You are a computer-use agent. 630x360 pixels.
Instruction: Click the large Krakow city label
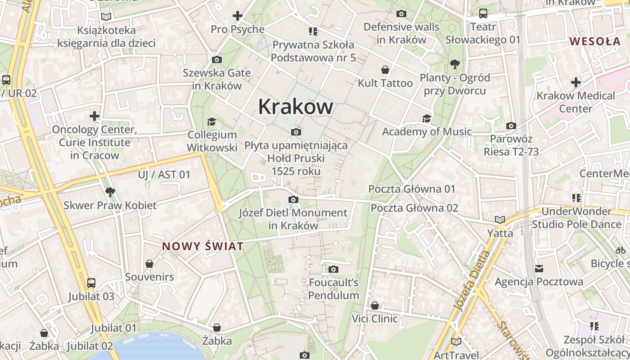click(296, 107)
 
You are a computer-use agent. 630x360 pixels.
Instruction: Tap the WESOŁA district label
click(595, 41)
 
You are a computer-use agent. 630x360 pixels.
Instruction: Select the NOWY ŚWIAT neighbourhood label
click(202, 246)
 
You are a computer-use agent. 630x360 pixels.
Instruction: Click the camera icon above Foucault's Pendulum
click(333, 269)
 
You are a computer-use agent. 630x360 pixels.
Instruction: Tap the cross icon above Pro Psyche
click(238, 16)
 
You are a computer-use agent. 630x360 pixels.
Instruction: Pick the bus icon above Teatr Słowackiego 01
click(483, 13)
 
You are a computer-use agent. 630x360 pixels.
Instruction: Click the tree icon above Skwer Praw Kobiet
click(110, 192)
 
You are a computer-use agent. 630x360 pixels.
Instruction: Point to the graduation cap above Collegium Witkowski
click(211, 121)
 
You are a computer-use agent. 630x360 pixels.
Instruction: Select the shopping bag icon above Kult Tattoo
click(385, 70)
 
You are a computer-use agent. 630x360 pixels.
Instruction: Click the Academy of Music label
click(427, 131)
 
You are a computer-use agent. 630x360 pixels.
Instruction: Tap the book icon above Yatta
click(500, 220)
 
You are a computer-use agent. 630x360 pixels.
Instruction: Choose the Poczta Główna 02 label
click(414, 208)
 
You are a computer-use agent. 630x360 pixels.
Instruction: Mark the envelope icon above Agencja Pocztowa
click(539, 269)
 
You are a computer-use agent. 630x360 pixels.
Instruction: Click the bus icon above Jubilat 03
click(91, 283)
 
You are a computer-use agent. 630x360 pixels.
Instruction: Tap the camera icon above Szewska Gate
click(216, 59)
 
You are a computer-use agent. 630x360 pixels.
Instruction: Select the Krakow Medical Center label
click(576, 102)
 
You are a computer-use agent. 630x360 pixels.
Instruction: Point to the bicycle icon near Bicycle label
click(621, 250)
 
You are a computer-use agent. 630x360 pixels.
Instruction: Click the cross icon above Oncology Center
click(94, 116)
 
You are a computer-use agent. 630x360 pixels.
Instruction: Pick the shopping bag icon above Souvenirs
click(149, 264)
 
